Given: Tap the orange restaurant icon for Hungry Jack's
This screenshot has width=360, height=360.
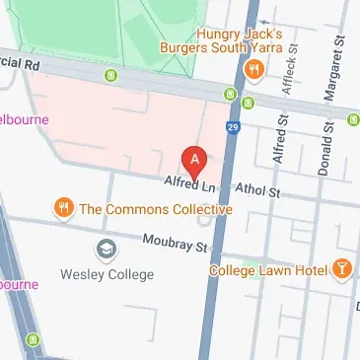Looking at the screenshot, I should pos(254,68).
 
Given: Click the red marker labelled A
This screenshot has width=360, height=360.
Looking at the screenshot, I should pos(195,159).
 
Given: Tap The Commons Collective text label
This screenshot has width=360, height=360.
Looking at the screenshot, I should pos(155,209).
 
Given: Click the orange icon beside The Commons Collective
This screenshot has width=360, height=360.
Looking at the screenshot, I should pos(63,208).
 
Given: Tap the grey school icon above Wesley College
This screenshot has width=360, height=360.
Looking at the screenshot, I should pos(105,249).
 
